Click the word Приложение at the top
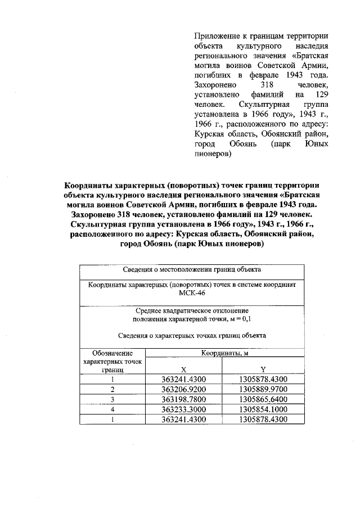pyautogui.click(x=215, y=35)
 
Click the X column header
pyautogui.click(x=183, y=370)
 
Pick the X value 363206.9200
pyautogui.click(x=183, y=389)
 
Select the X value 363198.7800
pyautogui.click(x=183, y=399)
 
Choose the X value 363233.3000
pyautogui.click(x=183, y=409)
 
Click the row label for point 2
pyautogui.click(x=112, y=389)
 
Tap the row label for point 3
pyautogui.click(x=112, y=399)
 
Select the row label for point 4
pyautogui.click(x=112, y=409)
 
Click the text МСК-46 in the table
pyautogui.click(x=192, y=294)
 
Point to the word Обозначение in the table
pyautogui.click(x=112, y=353)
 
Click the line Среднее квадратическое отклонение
pyautogui.click(x=192, y=310)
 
